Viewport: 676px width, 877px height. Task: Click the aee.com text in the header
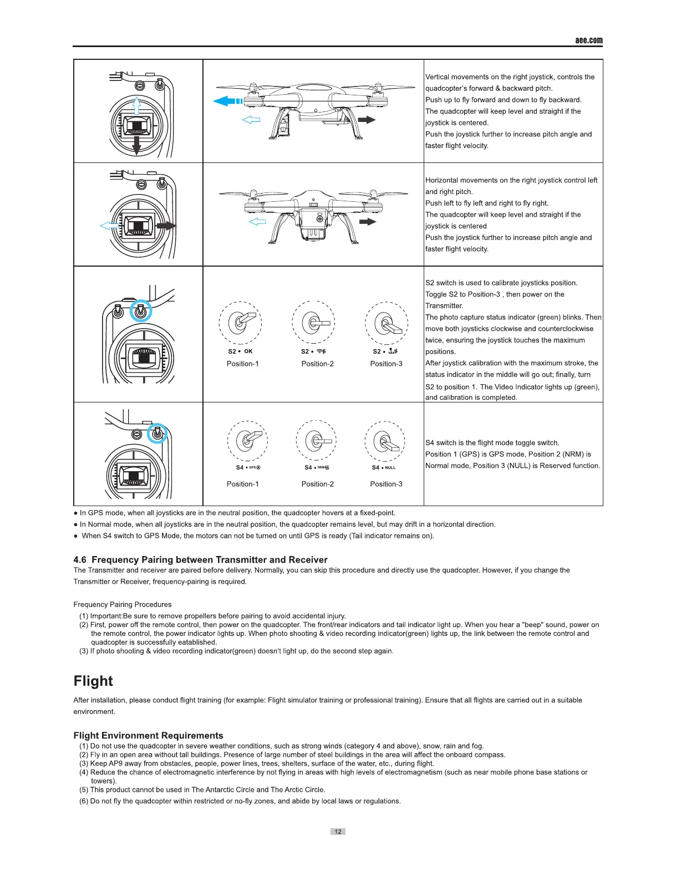[588, 40]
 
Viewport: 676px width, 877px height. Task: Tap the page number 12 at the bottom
[338, 832]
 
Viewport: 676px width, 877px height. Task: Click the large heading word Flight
[93, 681]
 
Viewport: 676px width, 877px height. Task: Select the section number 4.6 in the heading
[80, 559]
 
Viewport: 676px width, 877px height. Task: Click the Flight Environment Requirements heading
[148, 735]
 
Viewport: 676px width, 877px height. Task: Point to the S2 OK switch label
[240, 351]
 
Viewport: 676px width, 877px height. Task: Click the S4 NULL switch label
[384, 467]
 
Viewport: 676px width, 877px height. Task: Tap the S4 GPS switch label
[248, 467]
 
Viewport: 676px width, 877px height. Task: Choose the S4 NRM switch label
[317, 467]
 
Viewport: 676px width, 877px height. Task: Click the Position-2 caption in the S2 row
[317, 364]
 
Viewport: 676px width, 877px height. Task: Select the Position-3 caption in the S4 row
[386, 484]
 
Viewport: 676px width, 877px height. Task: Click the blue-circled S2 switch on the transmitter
[140, 312]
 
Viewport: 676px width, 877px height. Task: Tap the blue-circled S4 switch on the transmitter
[157, 434]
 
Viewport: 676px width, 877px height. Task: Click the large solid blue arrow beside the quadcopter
[227, 101]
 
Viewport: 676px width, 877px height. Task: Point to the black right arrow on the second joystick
[166, 226]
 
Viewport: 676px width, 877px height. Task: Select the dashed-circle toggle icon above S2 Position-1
[240, 323]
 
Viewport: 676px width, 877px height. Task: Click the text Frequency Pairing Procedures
[123, 604]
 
